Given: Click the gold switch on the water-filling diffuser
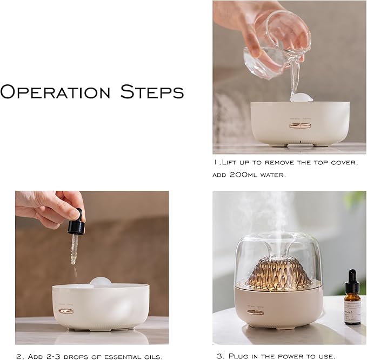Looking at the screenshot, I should (296, 125).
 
